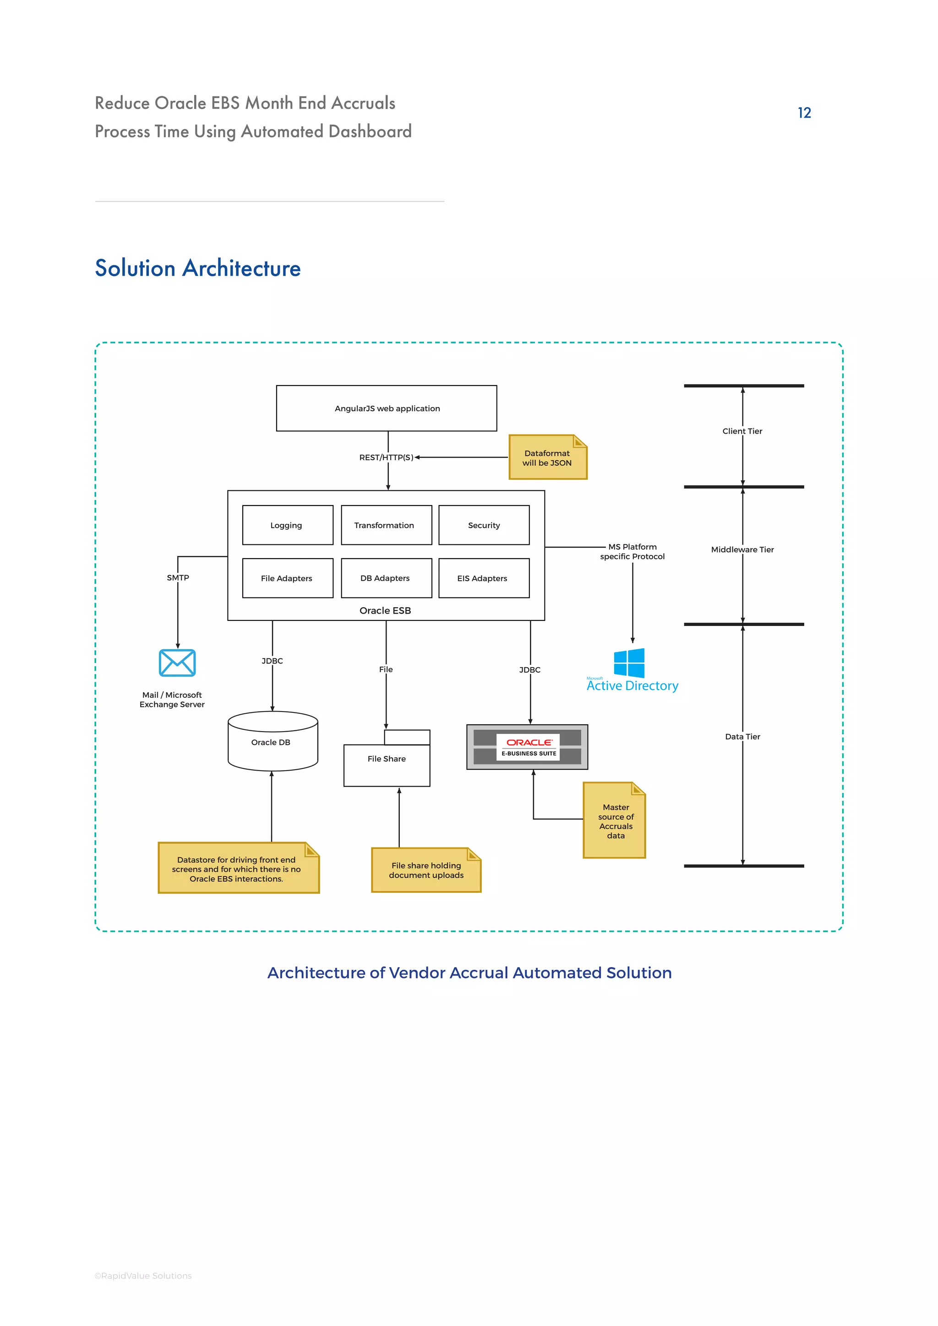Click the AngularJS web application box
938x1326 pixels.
pos(387,408)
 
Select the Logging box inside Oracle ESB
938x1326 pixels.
pos(287,525)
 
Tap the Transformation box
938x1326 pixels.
pos(386,525)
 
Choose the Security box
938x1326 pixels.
pos(484,525)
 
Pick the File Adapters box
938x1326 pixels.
pos(287,578)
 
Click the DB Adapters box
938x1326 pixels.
pos(386,578)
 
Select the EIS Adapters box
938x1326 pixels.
pos(484,578)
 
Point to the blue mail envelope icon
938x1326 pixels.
pos(177,663)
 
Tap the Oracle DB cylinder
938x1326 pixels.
pos(273,742)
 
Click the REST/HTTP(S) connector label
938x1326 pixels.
pos(386,457)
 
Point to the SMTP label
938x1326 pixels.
pos(178,577)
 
